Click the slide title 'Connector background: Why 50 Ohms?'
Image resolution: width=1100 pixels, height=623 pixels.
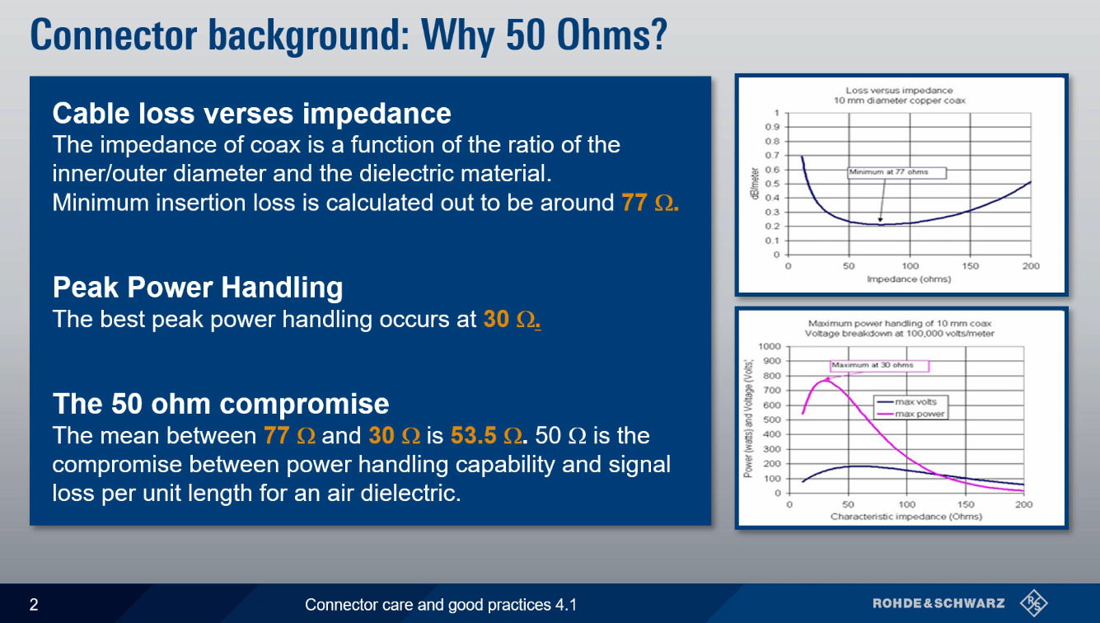(x=349, y=35)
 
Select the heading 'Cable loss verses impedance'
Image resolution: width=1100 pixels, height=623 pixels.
(x=251, y=114)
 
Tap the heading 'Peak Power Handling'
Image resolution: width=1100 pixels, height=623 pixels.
(x=198, y=288)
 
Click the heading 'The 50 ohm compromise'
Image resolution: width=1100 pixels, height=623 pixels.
(x=221, y=403)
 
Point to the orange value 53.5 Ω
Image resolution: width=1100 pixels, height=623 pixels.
(x=486, y=435)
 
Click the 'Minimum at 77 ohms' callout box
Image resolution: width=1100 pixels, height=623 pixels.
(x=897, y=172)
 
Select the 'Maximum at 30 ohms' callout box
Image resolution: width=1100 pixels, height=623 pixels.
(x=879, y=366)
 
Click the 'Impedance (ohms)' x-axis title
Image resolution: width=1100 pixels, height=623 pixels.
(x=909, y=279)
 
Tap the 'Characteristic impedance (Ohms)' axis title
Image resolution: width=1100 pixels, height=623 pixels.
(x=906, y=517)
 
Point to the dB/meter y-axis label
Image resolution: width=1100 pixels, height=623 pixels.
(x=754, y=184)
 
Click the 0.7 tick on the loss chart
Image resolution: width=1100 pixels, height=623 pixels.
(x=772, y=156)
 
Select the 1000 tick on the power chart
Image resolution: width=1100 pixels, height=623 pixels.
(x=769, y=346)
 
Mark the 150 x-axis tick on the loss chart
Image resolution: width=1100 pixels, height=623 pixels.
(x=971, y=266)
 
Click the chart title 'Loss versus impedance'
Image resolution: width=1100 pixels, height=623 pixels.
(x=899, y=91)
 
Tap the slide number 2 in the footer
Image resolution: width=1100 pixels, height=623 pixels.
(x=34, y=604)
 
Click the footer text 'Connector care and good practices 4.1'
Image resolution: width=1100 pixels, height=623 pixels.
(x=441, y=605)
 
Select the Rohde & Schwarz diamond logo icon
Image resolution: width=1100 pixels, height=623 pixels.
(x=1034, y=603)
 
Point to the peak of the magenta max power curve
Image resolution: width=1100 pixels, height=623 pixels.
(x=825, y=380)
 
